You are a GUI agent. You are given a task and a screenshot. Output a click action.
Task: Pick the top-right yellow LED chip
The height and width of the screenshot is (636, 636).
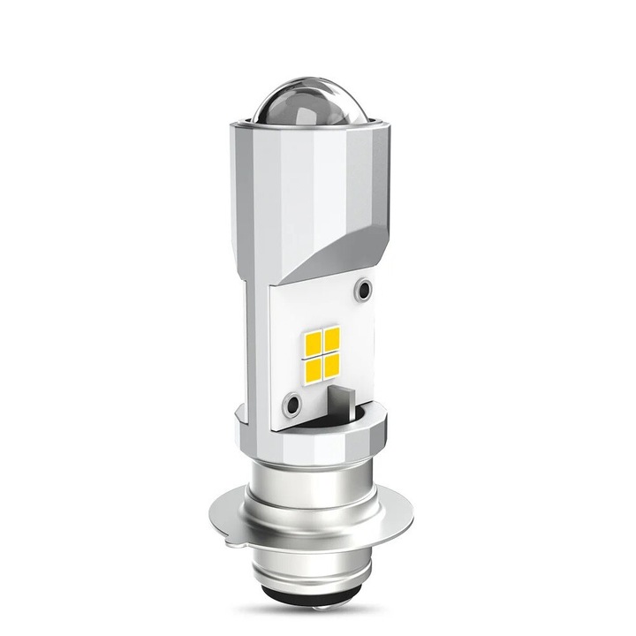tap(332, 336)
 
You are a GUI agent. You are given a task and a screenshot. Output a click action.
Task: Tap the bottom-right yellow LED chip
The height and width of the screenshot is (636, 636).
tap(333, 359)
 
